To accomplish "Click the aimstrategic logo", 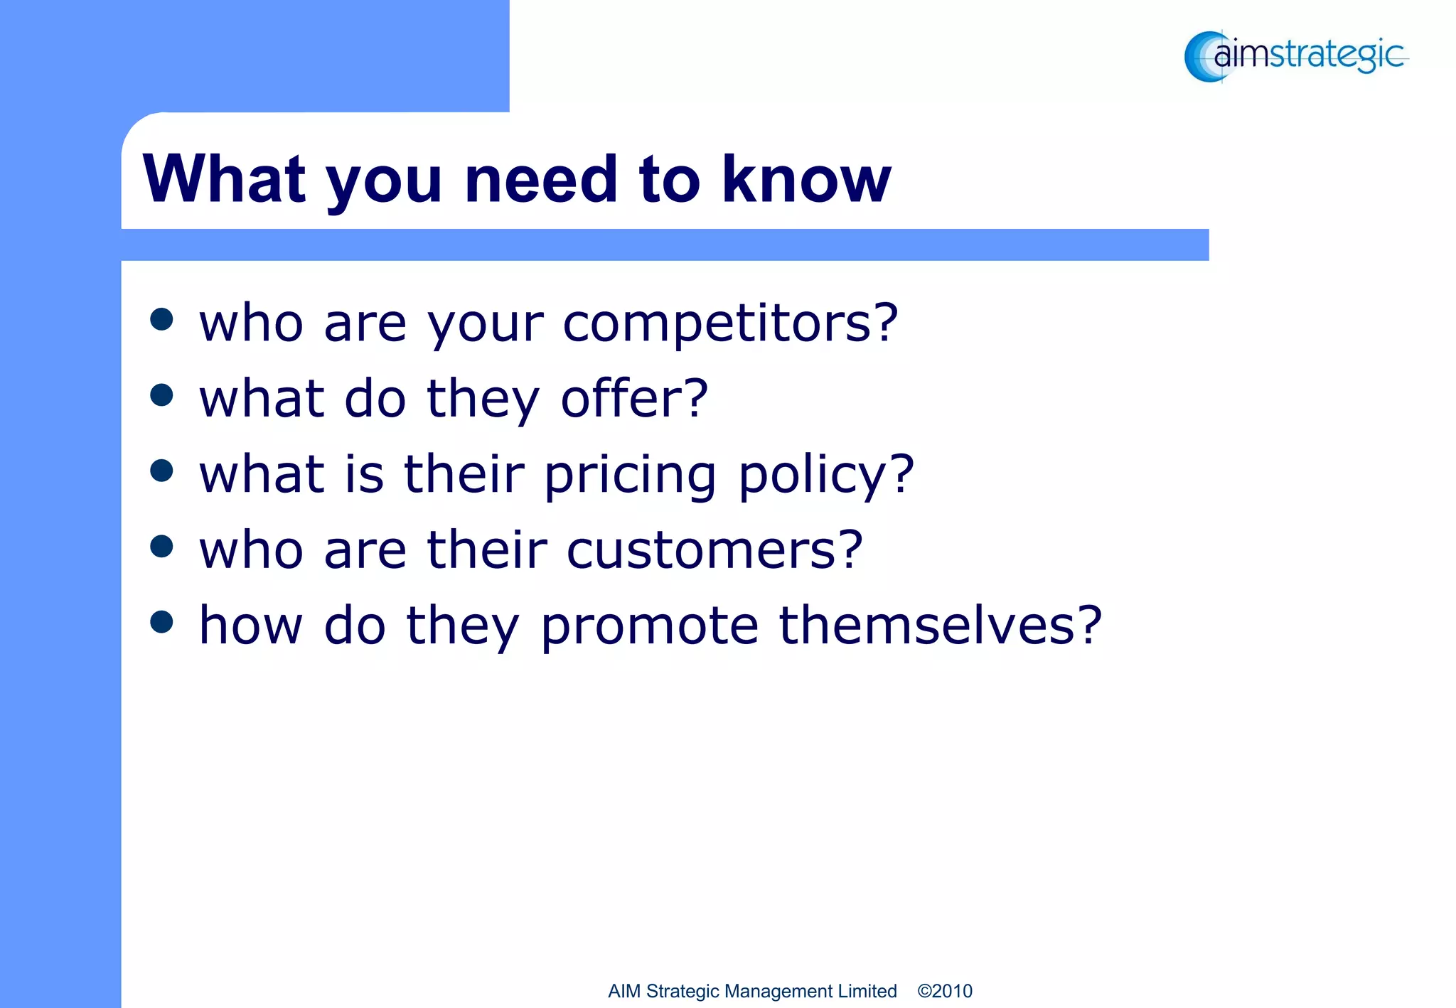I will (1295, 56).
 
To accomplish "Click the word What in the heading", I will (225, 179).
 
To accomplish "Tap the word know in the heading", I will (806, 179).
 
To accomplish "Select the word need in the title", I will (541, 179).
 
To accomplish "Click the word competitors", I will (717, 324).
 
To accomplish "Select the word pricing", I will (630, 476).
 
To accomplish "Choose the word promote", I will (650, 626).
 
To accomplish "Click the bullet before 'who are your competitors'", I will (162, 319).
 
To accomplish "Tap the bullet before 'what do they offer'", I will (162, 395).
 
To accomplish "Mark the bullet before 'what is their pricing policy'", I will (162, 471).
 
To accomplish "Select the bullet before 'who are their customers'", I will (162, 546).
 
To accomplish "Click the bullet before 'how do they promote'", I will (162, 621).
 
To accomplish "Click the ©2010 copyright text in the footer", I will (945, 991).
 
